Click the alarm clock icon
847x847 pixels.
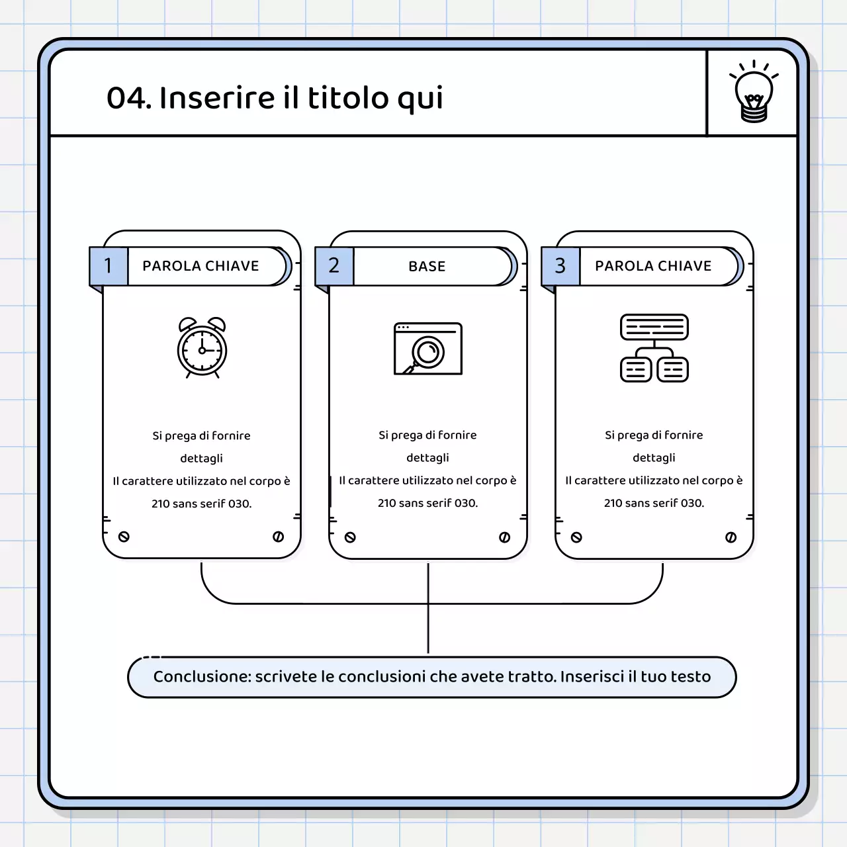pyautogui.click(x=202, y=347)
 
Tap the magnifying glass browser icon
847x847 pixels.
pyautogui.click(x=427, y=349)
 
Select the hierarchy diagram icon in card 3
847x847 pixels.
pyautogui.click(x=654, y=348)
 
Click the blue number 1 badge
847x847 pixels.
pyautogui.click(x=109, y=266)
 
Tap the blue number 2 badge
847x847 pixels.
pyautogui.click(x=334, y=266)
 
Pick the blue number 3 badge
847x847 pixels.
pyautogui.click(x=560, y=266)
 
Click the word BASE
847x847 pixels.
pyautogui.click(x=427, y=267)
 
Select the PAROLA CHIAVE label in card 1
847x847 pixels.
pyautogui.click(x=201, y=266)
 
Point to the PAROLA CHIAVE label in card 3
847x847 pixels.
pyautogui.click(x=653, y=266)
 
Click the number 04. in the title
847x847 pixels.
pyautogui.click(x=129, y=98)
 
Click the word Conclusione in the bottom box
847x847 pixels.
pyautogui.click(x=201, y=677)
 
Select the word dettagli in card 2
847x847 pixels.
pyautogui.click(x=427, y=458)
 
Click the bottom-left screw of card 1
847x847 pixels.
pyautogui.click(x=124, y=537)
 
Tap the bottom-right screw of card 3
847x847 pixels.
pyautogui.click(x=731, y=537)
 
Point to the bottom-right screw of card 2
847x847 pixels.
pyautogui.click(x=504, y=537)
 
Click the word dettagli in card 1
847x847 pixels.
pyautogui.click(x=201, y=459)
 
